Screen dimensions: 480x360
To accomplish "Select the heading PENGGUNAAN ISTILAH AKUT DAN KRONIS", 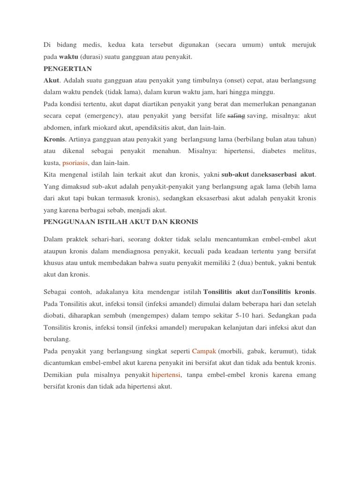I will [x=120, y=221].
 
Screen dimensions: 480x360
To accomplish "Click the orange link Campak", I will [x=204, y=351].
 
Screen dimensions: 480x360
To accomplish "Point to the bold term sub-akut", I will [x=234, y=175].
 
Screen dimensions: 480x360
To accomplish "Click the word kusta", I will [x=51, y=163].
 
